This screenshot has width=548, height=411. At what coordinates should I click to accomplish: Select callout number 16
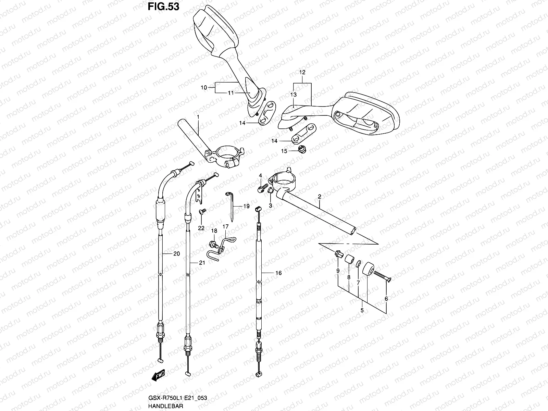tap(278, 273)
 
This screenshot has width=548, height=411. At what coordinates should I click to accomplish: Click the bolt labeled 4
tap(262, 188)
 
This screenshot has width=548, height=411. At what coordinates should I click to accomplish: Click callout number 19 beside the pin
tap(246, 206)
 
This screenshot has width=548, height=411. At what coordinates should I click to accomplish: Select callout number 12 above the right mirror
tap(302, 73)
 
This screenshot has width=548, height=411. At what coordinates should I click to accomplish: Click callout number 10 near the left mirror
tap(204, 88)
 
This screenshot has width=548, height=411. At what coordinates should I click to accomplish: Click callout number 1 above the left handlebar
tap(198, 117)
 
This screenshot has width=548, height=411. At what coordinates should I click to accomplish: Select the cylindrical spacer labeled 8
tap(349, 260)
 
